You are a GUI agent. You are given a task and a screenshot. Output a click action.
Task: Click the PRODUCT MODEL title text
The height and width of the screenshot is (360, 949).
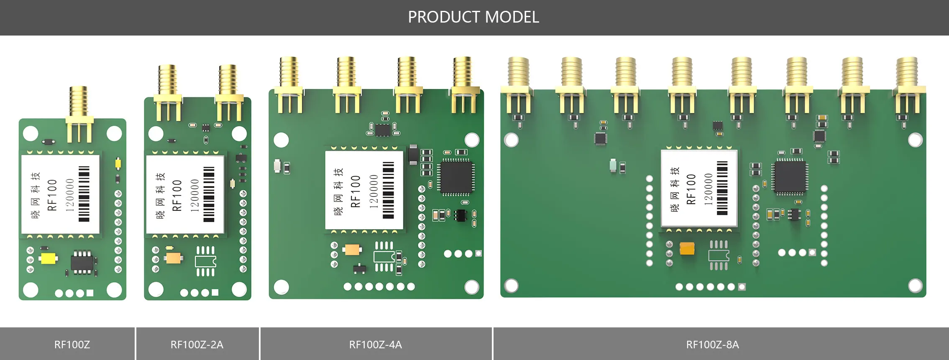pyautogui.click(x=473, y=17)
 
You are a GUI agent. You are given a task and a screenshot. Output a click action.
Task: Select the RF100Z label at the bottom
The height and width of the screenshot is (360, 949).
pyautogui.click(x=72, y=345)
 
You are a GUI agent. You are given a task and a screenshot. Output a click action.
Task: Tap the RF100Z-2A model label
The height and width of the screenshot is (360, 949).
pyautogui.click(x=197, y=345)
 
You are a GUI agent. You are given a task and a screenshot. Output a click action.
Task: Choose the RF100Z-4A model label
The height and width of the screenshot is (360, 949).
pyautogui.click(x=375, y=345)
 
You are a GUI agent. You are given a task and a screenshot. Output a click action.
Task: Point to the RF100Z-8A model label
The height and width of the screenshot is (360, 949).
pyautogui.click(x=712, y=345)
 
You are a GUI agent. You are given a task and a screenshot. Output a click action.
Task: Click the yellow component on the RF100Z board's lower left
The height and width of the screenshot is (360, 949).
pyautogui.click(x=49, y=258)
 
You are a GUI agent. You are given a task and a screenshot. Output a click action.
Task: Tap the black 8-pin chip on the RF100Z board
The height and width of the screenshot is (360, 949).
pyautogui.click(x=82, y=262)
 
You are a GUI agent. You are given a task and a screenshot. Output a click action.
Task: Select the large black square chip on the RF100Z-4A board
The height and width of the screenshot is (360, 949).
pyautogui.click(x=455, y=177)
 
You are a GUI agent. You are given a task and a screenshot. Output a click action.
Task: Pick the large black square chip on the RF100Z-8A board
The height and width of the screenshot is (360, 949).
pyautogui.click(x=790, y=177)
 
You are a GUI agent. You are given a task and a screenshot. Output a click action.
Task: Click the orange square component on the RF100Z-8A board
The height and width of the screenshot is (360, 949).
pyautogui.click(x=687, y=249)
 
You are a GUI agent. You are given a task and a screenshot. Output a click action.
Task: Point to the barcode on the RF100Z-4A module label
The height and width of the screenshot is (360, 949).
pyautogui.click(x=388, y=190)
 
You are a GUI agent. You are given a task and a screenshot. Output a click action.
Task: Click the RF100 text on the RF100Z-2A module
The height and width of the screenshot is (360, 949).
pyautogui.click(x=177, y=195)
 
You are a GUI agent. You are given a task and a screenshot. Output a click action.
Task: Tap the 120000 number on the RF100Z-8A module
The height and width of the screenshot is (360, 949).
pyautogui.click(x=708, y=189)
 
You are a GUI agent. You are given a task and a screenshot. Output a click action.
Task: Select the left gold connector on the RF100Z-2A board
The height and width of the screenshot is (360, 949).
pyautogui.click(x=168, y=92)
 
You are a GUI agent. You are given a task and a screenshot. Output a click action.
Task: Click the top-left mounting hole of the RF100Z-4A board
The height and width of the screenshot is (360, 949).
pyautogui.click(x=281, y=140)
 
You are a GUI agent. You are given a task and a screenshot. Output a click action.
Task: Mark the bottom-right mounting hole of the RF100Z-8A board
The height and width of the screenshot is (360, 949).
pyautogui.click(x=915, y=286)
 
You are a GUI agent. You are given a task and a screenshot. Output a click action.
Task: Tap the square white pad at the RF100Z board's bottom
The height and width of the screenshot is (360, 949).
pyautogui.click(x=90, y=293)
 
